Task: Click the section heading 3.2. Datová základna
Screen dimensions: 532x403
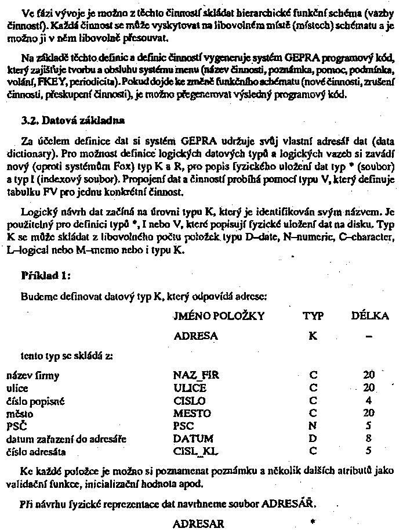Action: pos(72,121)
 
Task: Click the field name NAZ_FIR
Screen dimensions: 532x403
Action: pos(195,375)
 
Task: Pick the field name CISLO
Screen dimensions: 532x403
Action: pos(189,401)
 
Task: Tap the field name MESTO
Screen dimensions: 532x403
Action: pos(191,414)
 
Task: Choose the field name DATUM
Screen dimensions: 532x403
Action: pos(193,438)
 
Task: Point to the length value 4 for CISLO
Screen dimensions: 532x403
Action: pos(369,401)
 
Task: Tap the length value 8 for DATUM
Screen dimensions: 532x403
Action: pos(369,438)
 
